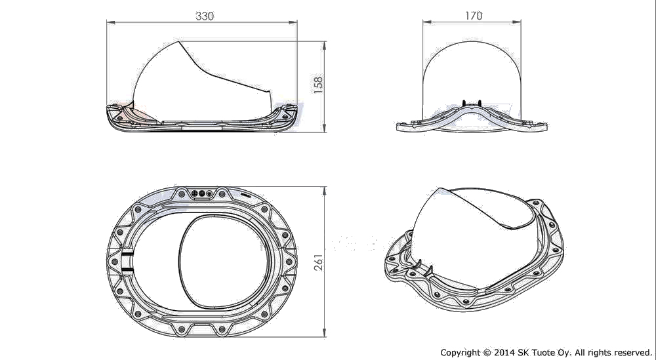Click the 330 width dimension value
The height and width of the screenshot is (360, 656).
tap(205, 16)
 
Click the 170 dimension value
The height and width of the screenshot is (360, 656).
tap(474, 16)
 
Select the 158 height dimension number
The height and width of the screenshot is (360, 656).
tap(318, 85)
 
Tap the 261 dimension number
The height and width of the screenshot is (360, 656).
tap(318, 262)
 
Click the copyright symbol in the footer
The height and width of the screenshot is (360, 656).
tap(486, 353)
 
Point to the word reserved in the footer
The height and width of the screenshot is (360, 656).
tap(630, 353)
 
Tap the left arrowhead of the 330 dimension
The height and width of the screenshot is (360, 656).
tap(110, 22)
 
